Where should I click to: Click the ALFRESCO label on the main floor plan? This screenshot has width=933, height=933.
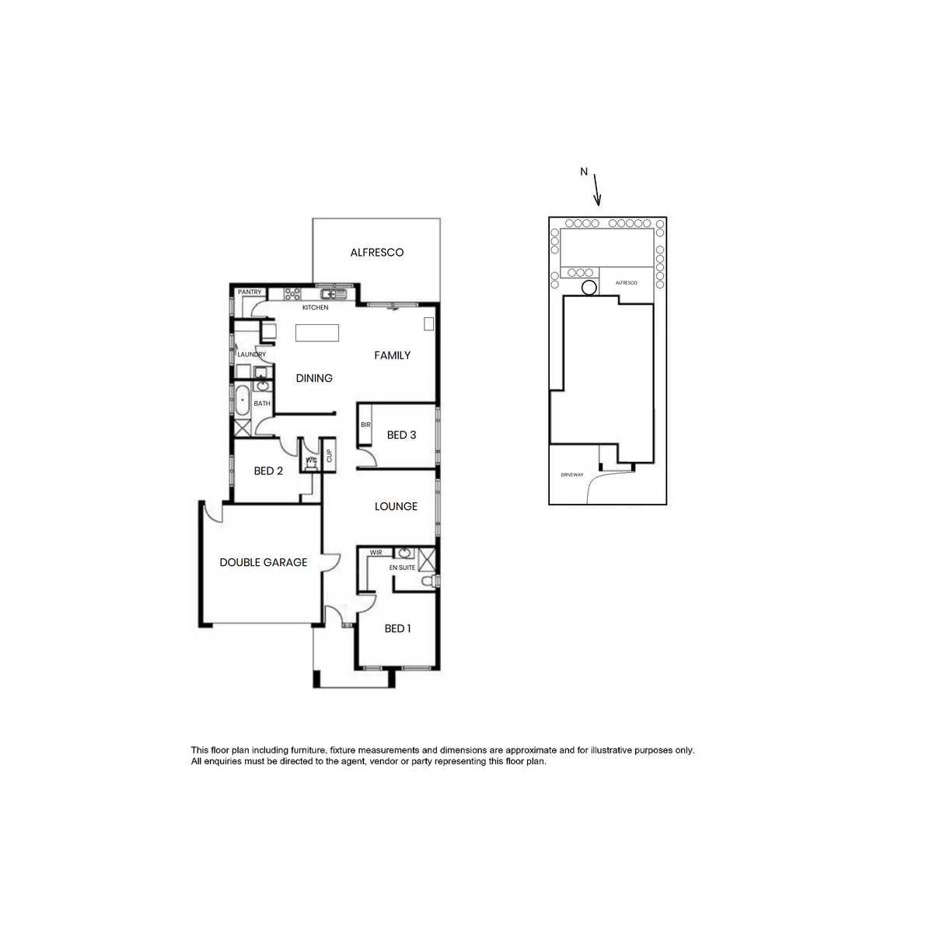(x=376, y=252)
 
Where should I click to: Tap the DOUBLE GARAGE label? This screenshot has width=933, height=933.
(x=264, y=562)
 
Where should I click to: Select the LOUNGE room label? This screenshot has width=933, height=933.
(x=396, y=506)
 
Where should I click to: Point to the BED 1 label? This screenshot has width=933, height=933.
(x=397, y=628)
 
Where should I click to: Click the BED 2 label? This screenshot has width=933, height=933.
(x=268, y=471)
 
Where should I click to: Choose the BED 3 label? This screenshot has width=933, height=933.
(x=401, y=435)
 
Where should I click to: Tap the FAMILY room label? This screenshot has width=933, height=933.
(x=392, y=355)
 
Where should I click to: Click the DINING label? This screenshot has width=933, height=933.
(x=314, y=378)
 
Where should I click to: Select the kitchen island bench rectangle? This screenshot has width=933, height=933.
(x=317, y=333)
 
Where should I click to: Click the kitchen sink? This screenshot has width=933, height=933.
(x=334, y=295)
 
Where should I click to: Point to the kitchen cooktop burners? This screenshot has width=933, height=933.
(x=292, y=295)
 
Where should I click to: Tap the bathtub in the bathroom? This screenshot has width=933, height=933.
(x=242, y=400)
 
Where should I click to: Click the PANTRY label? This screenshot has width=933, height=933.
(x=250, y=292)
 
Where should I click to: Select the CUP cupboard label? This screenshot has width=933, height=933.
(x=329, y=455)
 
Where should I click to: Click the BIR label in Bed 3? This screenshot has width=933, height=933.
(x=365, y=425)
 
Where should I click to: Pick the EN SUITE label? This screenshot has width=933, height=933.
(x=402, y=568)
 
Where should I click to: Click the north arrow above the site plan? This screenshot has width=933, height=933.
(x=597, y=190)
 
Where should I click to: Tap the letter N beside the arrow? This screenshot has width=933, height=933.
(x=584, y=171)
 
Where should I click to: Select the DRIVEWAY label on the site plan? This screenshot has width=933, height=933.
(x=571, y=475)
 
